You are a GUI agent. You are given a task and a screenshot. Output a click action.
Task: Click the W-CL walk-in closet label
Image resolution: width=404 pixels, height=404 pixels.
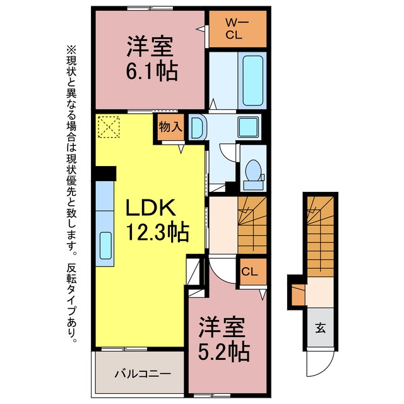237,29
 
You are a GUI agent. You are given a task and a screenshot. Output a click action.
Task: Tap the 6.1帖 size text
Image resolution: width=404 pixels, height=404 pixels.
152,70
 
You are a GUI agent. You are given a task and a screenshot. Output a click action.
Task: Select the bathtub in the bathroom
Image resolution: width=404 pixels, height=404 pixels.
252,80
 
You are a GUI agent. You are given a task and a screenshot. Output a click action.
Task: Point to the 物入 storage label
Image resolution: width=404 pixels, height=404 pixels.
170,126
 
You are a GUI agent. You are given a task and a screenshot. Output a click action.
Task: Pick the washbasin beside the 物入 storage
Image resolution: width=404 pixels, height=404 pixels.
198,128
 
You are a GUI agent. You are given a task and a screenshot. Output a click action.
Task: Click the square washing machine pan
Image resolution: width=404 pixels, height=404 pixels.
248,127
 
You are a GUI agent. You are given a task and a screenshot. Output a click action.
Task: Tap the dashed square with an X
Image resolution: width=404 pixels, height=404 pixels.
109,127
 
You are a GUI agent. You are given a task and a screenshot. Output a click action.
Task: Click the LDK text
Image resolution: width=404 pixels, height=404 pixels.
150,208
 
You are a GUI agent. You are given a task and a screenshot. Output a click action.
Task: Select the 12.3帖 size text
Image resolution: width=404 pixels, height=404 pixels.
157,232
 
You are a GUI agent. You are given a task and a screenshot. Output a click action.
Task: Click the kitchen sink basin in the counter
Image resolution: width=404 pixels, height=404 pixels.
105,246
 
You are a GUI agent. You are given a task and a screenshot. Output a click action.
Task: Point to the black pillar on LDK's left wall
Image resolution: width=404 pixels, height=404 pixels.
106,174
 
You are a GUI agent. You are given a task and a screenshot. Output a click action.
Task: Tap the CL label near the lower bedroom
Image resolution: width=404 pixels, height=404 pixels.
249,271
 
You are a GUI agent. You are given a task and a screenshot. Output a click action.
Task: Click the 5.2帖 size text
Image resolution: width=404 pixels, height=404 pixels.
223,352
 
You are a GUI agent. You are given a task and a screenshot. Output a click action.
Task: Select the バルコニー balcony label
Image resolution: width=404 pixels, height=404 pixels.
143,374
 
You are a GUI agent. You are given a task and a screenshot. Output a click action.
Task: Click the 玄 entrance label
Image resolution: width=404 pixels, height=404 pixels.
320,328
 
